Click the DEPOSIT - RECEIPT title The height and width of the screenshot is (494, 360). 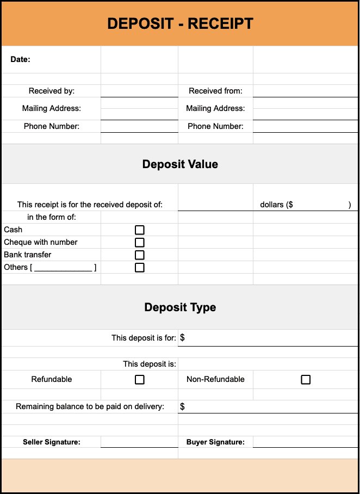pyautogui.click(x=180, y=23)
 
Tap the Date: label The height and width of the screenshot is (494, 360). pyautogui.click(x=20, y=59)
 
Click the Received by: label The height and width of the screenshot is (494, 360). pyautogui.click(x=52, y=91)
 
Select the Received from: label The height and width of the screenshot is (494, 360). pyautogui.click(x=215, y=91)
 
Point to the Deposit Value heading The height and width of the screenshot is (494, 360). pyautogui.click(x=180, y=164)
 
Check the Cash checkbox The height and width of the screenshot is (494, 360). pyautogui.click(x=140, y=230)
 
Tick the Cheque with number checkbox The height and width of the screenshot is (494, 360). pyautogui.click(x=140, y=243)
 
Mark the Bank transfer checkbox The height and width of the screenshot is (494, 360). pyautogui.click(x=140, y=255)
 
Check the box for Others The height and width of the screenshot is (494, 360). pyautogui.click(x=140, y=268)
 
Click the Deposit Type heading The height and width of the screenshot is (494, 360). pyautogui.click(x=180, y=307)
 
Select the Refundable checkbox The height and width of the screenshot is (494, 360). pyautogui.click(x=140, y=380)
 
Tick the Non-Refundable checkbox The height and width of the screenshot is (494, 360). pyautogui.click(x=306, y=380)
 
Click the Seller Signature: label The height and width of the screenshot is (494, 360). pyautogui.click(x=52, y=442)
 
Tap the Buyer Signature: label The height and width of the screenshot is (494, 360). pyautogui.click(x=215, y=442)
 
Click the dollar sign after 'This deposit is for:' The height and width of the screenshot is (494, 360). pyautogui.click(x=182, y=338)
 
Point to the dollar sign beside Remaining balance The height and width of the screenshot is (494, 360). pyautogui.click(x=182, y=407)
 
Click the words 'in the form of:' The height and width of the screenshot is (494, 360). pyautogui.click(x=52, y=217)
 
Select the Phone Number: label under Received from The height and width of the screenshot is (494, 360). pyautogui.click(x=215, y=126)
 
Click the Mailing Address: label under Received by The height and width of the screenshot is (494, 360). pyautogui.click(x=52, y=108)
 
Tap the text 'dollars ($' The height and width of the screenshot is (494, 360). pyautogui.click(x=277, y=205)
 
